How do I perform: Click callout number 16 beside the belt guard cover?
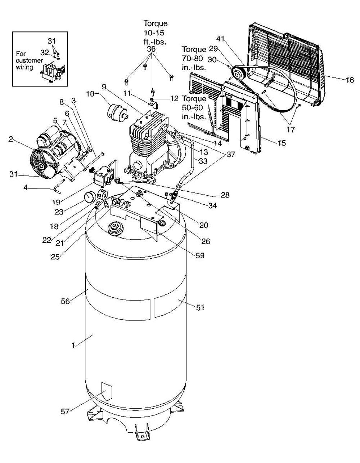tap(350, 80)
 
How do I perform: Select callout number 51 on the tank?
tap(200, 307)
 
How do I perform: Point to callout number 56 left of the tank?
tap(66, 301)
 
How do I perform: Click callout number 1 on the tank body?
tap(73, 345)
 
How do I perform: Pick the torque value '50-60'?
tap(192, 108)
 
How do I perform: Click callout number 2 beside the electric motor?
tap(11, 139)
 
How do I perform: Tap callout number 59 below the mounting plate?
tap(200, 255)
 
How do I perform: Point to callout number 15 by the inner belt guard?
tap(282, 143)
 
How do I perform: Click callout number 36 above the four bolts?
tap(151, 49)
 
